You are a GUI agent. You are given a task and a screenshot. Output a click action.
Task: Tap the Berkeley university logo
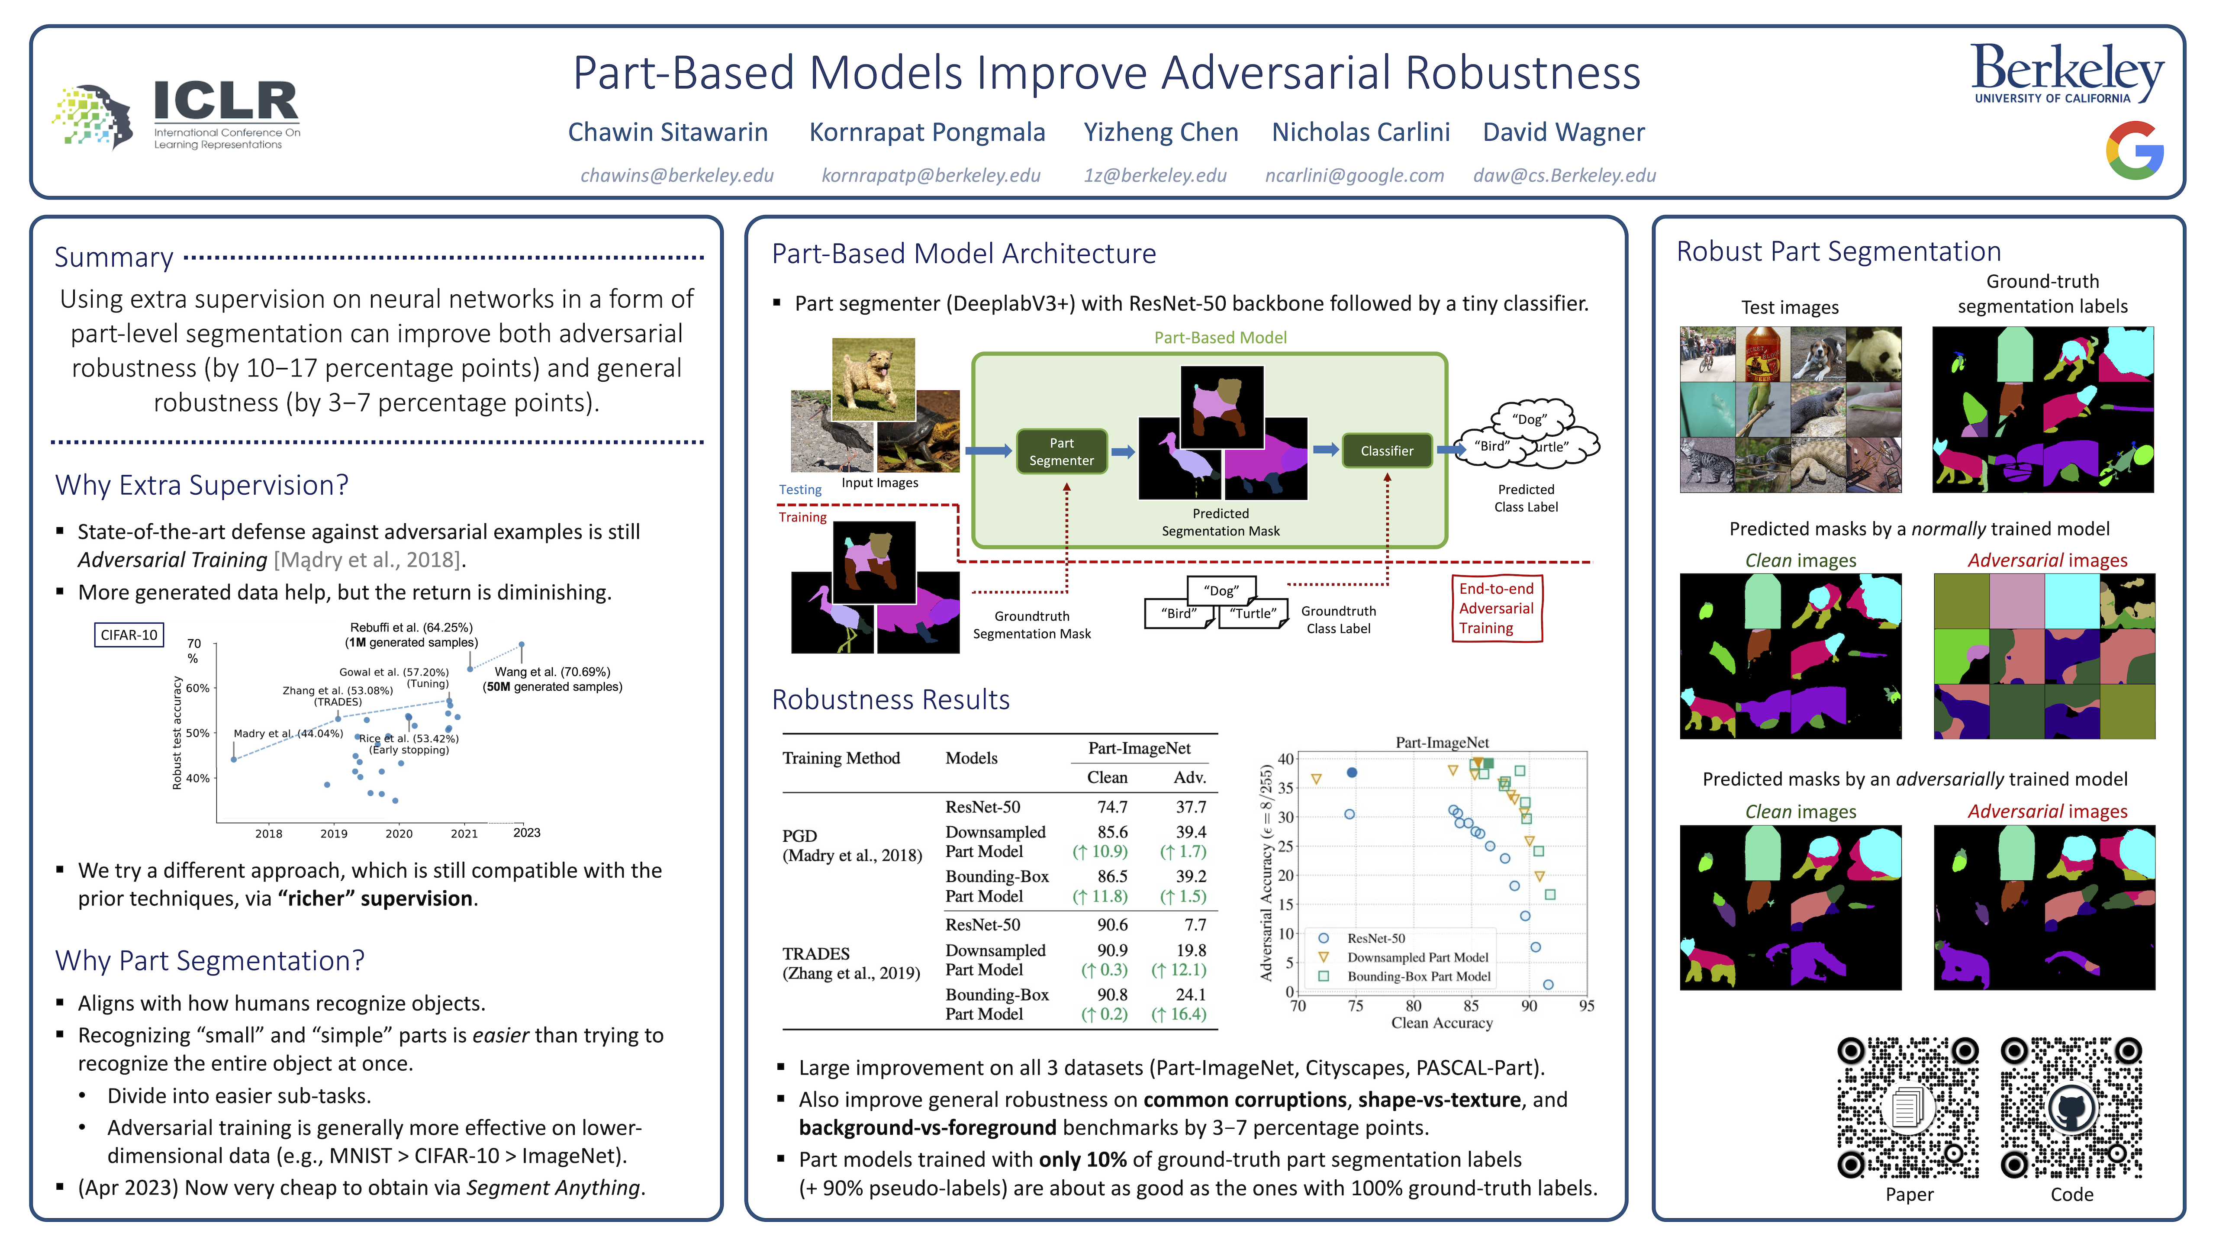point(2066,73)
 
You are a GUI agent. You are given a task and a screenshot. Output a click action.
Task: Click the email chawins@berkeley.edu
point(677,176)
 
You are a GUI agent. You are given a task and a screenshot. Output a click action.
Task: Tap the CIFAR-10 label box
point(129,635)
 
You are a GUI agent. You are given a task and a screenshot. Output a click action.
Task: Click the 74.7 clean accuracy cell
point(1111,807)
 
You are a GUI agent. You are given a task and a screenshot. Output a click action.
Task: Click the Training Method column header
point(841,758)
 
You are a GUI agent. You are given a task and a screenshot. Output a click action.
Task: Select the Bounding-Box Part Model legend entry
point(1418,977)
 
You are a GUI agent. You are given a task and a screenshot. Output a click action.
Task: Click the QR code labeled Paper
point(1908,1108)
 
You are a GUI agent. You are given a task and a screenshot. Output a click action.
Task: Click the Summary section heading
point(113,257)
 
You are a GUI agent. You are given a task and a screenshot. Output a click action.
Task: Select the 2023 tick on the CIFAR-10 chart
point(526,832)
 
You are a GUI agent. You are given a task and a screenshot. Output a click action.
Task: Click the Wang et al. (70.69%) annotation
point(552,672)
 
